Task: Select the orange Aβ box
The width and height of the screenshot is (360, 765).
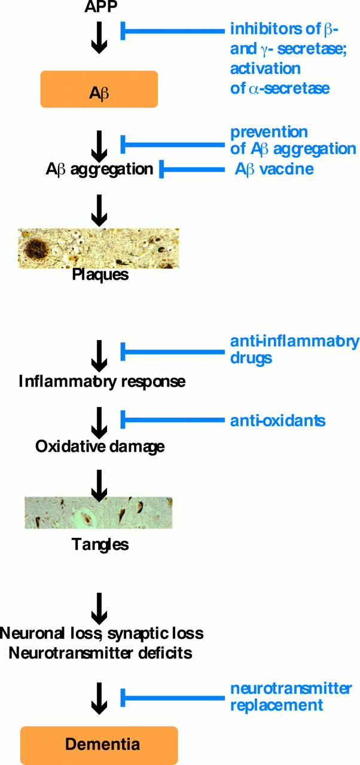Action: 99,89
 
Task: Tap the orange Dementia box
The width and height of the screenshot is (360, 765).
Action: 99,744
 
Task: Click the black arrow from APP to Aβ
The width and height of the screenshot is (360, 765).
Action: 99,38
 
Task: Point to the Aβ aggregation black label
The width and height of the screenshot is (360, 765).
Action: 99,169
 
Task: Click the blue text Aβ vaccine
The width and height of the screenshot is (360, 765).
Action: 274,169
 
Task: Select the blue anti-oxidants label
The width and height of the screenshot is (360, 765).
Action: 277,420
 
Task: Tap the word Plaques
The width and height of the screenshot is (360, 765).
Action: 100,275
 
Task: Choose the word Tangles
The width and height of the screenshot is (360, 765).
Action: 100,544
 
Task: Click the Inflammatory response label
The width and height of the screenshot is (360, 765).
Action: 102,381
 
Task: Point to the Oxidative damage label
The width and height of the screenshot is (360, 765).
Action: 100,446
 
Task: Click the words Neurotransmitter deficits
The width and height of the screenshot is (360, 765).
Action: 100,653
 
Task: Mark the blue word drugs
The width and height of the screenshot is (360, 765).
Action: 251,358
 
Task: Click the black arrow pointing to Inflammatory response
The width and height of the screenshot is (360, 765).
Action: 99,353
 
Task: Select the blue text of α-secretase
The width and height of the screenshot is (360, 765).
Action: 279,88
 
